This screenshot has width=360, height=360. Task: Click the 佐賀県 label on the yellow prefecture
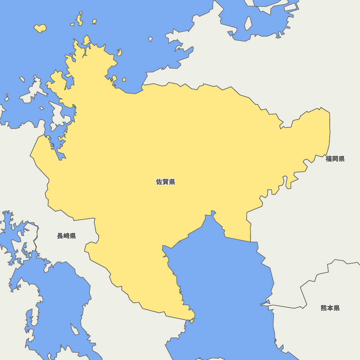point(166,182)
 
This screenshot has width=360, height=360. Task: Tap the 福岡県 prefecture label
point(335,159)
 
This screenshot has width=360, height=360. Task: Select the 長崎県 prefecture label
point(67,236)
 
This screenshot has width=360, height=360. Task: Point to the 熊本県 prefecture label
point(330,308)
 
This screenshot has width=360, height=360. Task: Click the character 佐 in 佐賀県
point(159,182)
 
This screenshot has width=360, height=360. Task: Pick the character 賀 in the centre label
point(166,182)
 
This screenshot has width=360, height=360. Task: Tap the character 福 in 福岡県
point(329,159)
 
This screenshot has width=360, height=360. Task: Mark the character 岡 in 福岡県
point(335,159)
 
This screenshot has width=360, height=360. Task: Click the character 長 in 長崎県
point(60,236)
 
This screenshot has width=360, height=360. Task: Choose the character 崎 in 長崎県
point(67,236)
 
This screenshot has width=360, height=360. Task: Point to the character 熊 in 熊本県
point(324,308)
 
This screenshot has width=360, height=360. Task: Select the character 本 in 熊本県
point(330,308)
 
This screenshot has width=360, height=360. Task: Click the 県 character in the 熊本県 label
point(337,308)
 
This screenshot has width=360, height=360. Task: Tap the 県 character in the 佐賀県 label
point(172,182)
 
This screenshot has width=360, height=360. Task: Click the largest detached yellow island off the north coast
point(40,28)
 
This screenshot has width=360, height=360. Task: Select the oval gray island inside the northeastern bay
point(248,23)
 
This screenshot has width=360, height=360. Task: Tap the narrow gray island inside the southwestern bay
point(75,329)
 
